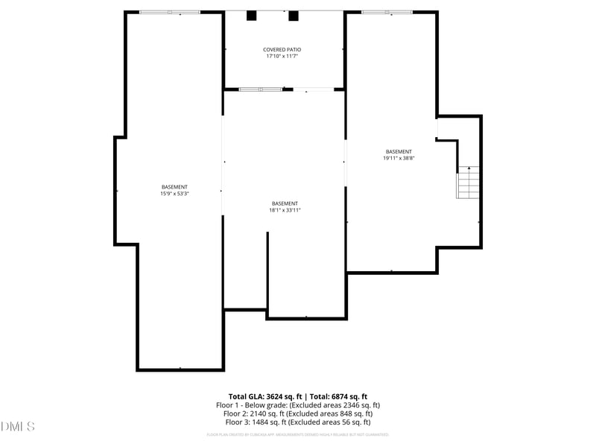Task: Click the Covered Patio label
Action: pos(282,50)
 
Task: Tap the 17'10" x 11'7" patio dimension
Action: pos(282,57)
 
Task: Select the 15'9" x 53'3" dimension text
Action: pos(174,194)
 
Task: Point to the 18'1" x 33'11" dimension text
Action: pos(285,210)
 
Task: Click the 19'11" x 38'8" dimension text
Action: pos(399,158)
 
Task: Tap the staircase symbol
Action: pos(467,182)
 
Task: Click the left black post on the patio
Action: pos(252,16)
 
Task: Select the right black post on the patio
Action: pos(294,16)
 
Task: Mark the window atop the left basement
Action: pos(170,12)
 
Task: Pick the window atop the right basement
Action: pos(387,12)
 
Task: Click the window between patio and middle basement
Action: pos(261,89)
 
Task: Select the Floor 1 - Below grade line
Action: pos(298,405)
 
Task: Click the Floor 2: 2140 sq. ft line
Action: pos(298,413)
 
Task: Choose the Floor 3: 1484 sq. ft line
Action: pos(298,422)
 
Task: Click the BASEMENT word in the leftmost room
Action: pos(174,187)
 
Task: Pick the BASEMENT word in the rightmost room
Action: pos(399,151)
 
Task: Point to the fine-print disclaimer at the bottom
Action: pos(298,434)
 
